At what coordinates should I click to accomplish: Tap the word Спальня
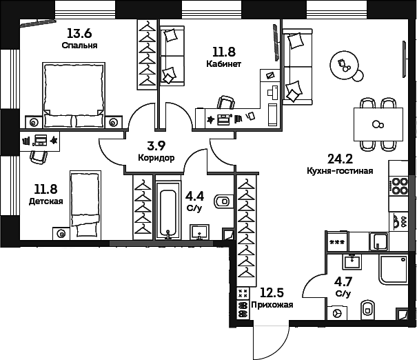click(79, 46)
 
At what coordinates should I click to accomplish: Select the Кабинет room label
click(223, 64)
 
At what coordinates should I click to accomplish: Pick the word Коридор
click(156, 158)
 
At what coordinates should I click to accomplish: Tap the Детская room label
click(46, 201)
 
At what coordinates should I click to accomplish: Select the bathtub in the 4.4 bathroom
click(168, 209)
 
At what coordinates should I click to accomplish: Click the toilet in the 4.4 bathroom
click(223, 201)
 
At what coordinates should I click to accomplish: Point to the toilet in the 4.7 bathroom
click(367, 310)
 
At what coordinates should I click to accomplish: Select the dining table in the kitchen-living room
click(377, 125)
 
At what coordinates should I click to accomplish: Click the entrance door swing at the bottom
click(269, 341)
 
